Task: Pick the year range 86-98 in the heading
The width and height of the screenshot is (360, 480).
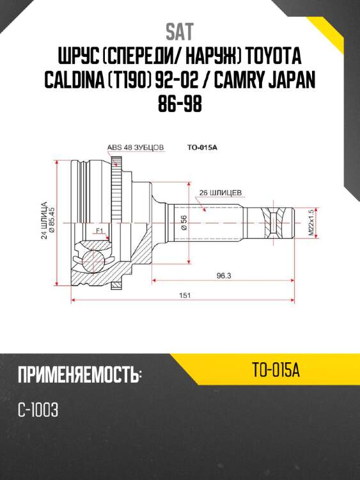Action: (180, 104)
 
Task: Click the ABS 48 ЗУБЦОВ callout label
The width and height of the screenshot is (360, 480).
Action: (135, 147)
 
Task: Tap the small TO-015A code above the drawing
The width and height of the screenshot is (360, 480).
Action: (203, 147)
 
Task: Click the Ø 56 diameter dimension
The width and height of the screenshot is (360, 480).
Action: (184, 222)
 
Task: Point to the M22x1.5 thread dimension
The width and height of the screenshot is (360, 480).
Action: (311, 223)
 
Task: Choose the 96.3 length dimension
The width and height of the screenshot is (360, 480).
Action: (223, 276)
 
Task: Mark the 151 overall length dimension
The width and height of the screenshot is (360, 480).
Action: (184, 296)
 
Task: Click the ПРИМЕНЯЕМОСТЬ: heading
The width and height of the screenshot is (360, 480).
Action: (79, 374)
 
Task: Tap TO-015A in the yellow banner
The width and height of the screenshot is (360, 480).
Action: (276, 369)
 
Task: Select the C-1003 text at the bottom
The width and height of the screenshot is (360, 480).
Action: (39, 410)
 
